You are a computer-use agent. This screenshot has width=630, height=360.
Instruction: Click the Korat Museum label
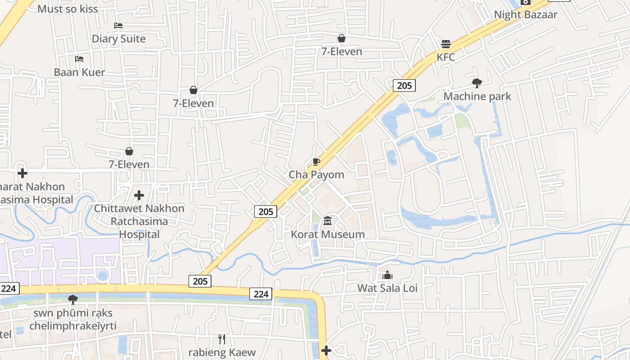coord(328,234)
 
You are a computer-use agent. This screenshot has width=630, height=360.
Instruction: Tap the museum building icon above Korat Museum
coord(328,221)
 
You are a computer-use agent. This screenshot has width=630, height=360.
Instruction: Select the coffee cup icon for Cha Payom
coord(316,162)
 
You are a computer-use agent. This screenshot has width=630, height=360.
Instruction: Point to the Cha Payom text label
coord(316,175)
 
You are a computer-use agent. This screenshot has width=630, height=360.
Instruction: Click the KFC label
coord(446,57)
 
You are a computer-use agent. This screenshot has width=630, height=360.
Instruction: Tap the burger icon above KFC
coord(446,44)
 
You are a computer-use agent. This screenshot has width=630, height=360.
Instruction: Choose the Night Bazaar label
coord(526,14)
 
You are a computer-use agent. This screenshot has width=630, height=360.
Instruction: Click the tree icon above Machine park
coord(477,83)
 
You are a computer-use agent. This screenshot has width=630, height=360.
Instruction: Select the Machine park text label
coord(477,96)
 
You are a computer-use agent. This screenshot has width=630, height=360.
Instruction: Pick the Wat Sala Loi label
coord(387,288)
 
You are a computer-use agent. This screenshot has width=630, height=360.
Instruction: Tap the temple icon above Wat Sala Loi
coord(387,274)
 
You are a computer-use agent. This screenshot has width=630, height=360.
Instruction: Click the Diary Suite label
coord(119,39)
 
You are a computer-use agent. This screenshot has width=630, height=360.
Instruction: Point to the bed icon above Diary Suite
coord(118,26)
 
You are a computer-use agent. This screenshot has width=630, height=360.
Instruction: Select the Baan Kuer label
coord(79,72)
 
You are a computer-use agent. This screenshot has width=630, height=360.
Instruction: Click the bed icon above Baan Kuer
coord(79,59)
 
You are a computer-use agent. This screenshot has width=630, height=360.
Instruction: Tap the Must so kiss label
coord(67,9)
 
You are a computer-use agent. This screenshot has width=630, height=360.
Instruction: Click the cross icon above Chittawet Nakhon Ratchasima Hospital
coord(139,195)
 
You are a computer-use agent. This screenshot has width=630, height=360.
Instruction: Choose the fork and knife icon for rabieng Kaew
coord(221,339)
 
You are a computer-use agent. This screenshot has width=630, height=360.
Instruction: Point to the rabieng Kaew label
coord(222,352)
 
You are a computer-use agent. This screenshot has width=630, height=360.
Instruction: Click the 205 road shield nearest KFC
coord(404,85)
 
